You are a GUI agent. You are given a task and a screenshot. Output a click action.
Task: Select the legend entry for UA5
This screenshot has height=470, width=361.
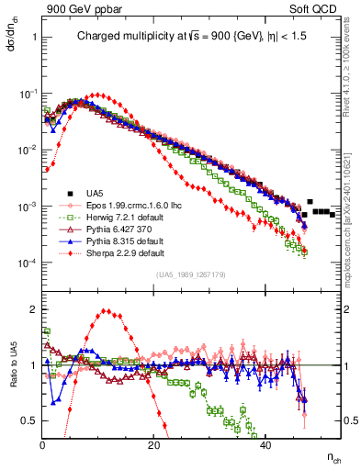tap(91, 194)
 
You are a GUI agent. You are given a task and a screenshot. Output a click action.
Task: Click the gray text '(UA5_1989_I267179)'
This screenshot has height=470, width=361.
tap(190, 274)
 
